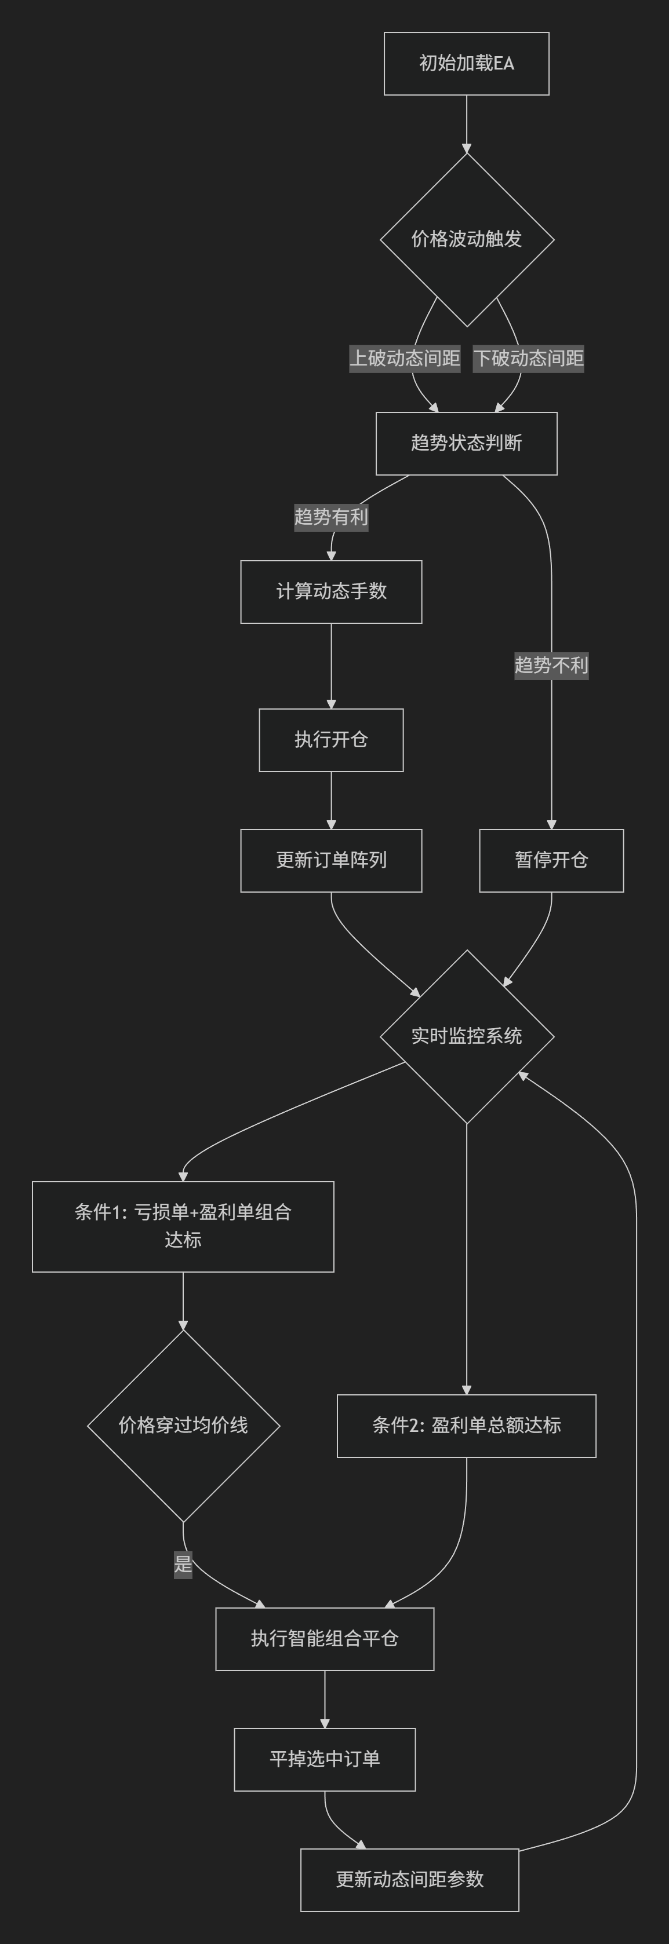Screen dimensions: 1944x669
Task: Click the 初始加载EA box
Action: pyautogui.click(x=466, y=63)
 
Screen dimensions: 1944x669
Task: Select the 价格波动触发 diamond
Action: pyautogui.click(x=467, y=239)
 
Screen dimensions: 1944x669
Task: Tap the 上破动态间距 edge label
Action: pyautogui.click(x=405, y=358)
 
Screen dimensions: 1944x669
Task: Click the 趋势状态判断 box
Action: pyautogui.click(x=466, y=443)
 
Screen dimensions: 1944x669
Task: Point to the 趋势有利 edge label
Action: pyautogui.click(x=330, y=517)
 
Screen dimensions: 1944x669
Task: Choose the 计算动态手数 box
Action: pyautogui.click(x=330, y=591)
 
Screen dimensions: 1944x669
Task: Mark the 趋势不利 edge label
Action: pyautogui.click(x=551, y=665)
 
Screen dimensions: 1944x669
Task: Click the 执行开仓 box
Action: pyautogui.click(x=330, y=740)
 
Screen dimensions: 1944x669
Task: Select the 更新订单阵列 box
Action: pyautogui.click(x=330, y=860)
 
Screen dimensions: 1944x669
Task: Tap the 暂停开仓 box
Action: pyautogui.click(x=551, y=860)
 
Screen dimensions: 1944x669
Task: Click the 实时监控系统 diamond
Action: pyautogui.click(x=467, y=1036)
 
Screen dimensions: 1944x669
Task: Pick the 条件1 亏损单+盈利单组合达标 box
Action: pyautogui.click(x=183, y=1226)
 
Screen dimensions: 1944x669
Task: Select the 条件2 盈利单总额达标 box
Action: pyautogui.click(x=466, y=1426)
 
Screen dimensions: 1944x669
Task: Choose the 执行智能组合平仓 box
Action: pyautogui.click(x=325, y=1638)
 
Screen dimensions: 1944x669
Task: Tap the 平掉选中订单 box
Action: pyautogui.click(x=325, y=1759)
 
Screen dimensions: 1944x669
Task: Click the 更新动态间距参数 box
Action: pyautogui.click(x=409, y=1880)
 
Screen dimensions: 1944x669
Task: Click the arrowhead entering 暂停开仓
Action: pyautogui.click(x=551, y=824)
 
